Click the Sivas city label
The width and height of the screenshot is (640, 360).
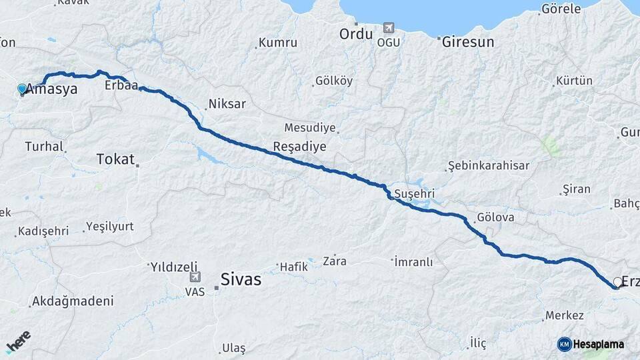pos(241,279)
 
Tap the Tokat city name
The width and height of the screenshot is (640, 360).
pos(115,159)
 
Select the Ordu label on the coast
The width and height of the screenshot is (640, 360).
pos(355,33)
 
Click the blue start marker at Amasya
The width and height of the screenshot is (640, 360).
pos(22,89)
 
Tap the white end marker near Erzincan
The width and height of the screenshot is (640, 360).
pos(617,282)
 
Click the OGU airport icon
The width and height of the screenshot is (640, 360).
pos(388,28)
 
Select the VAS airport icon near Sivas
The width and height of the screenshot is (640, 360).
pos(195,277)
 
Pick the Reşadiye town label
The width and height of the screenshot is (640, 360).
pos(299,146)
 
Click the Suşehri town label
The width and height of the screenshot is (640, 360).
pos(414,194)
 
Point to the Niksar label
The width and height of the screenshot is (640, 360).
pos(227,104)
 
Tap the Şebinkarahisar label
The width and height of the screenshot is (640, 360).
pos(489,165)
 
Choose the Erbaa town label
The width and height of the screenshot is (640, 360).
pos(121,86)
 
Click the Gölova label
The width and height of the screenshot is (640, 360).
pos(495,218)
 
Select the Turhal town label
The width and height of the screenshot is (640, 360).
pos(43,146)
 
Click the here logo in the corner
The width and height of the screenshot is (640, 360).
pos(19,343)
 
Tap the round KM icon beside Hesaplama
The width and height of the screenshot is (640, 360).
pos(564,344)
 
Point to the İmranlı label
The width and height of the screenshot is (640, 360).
pos(414,262)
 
